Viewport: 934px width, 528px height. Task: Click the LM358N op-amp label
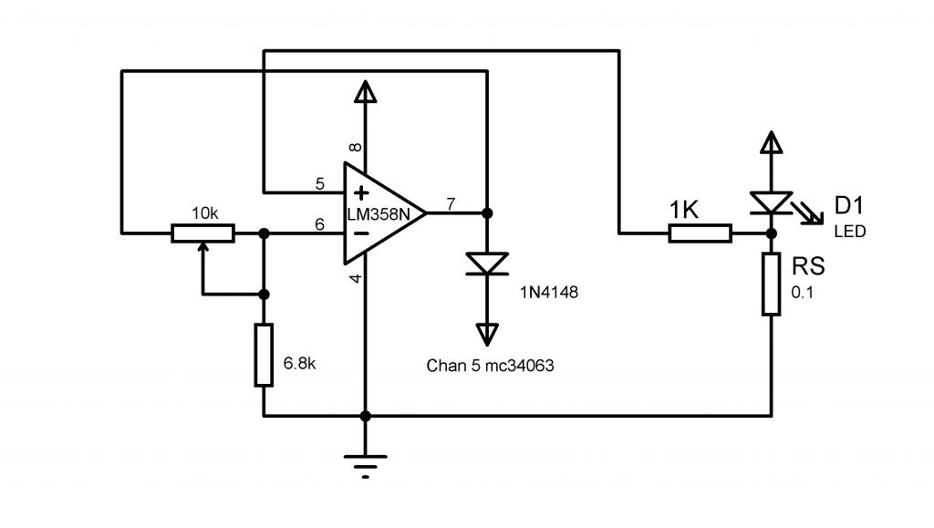click(x=379, y=213)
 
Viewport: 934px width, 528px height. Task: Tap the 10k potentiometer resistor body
click(x=203, y=233)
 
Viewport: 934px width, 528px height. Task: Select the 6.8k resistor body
click(x=264, y=356)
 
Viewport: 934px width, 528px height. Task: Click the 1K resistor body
click(x=700, y=233)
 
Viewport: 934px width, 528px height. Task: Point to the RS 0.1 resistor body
click(x=772, y=284)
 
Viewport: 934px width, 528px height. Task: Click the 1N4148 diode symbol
click(x=487, y=264)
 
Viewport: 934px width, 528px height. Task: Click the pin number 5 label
click(x=320, y=184)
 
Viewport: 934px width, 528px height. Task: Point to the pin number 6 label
click(x=320, y=224)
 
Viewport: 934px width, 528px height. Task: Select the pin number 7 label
click(x=451, y=204)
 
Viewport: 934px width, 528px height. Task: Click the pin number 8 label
click(x=355, y=147)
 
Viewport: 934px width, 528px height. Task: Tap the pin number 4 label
click(x=355, y=278)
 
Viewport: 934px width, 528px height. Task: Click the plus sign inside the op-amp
click(x=361, y=192)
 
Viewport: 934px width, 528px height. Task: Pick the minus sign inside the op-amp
click(x=361, y=233)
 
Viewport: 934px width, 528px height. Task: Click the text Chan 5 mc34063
click(x=490, y=366)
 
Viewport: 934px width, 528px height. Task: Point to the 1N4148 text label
click(x=549, y=293)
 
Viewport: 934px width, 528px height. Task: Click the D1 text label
click(x=849, y=206)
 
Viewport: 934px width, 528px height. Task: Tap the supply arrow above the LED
click(x=772, y=143)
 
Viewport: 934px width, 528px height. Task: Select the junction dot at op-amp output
click(x=487, y=213)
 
